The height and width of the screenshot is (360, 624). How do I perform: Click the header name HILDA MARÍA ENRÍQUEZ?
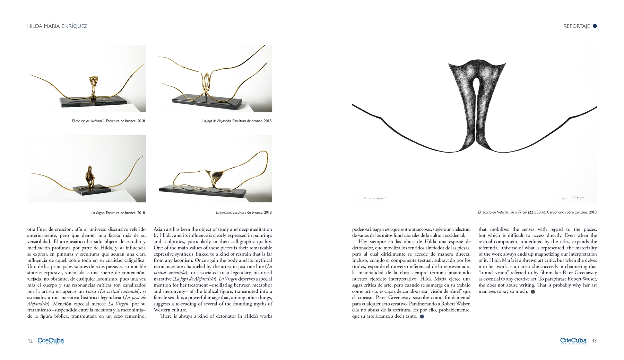pos(57,26)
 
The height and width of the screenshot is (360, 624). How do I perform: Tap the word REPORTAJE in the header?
pos(576,26)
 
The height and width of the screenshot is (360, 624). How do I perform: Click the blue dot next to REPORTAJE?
pos(595,26)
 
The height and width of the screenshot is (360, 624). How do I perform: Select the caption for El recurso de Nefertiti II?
pos(108,121)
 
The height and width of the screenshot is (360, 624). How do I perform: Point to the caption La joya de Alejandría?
pos(237,121)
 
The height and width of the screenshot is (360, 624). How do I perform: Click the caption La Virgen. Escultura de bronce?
pos(118,213)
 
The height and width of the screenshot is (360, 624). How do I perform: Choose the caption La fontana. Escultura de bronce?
pos(244,212)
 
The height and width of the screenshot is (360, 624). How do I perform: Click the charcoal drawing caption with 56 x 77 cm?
pos(537,212)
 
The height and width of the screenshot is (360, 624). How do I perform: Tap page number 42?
pos(30,341)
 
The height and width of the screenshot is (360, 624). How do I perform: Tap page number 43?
pos(594,341)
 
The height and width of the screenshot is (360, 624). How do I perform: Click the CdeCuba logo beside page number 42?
pos(51,341)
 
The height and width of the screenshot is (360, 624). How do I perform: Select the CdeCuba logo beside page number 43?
pos(573,341)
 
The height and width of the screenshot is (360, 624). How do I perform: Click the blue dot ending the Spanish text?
pos(422,316)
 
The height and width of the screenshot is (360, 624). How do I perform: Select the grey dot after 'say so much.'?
pos(533,292)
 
